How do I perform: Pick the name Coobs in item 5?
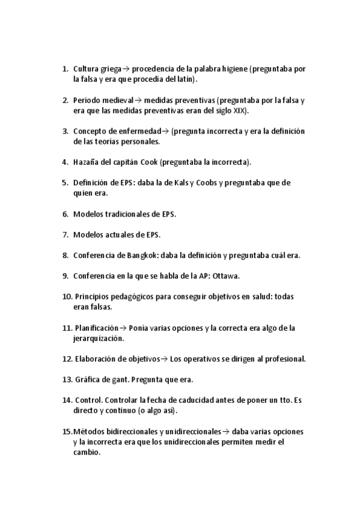click(x=202, y=183)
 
